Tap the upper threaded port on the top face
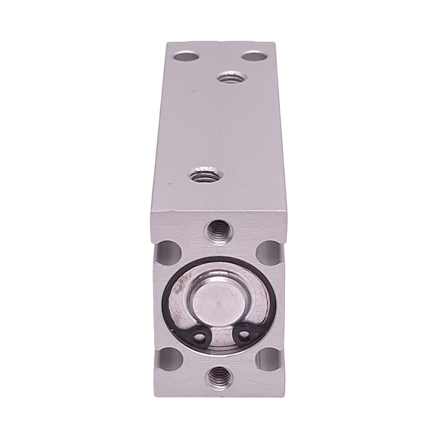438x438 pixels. (230, 78)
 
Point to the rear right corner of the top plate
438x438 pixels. (275, 43)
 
